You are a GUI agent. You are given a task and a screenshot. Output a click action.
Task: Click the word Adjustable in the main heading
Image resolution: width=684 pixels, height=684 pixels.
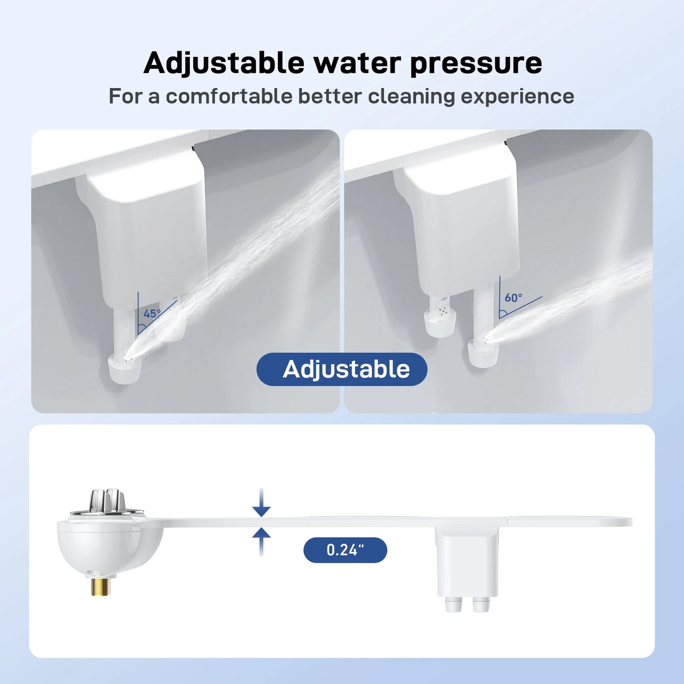point(224,63)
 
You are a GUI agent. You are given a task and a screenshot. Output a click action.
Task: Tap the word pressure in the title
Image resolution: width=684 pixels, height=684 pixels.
point(476,63)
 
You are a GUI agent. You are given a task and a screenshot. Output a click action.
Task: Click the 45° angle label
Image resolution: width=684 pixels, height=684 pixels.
point(152,314)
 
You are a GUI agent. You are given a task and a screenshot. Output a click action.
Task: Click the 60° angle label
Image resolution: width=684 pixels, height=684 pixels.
point(513,298)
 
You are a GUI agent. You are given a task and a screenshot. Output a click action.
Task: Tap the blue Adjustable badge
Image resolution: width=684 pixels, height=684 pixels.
point(342,369)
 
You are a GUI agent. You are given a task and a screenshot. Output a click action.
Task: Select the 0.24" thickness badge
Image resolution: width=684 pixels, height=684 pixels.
point(345,550)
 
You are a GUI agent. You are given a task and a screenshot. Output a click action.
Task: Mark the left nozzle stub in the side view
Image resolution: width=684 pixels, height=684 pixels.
point(453,604)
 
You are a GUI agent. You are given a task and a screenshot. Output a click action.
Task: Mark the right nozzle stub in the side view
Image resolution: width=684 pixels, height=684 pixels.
point(481,604)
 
